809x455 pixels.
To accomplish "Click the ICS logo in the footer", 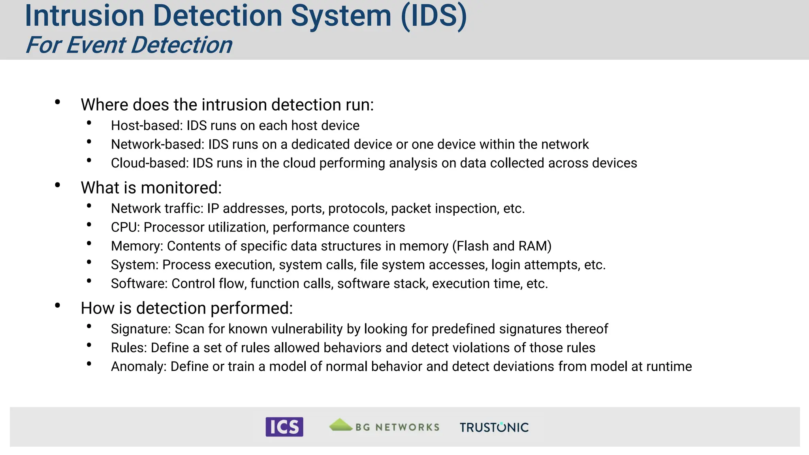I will coord(284,427).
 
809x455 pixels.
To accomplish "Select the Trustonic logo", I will coord(494,427).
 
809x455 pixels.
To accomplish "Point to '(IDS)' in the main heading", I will coord(434,16).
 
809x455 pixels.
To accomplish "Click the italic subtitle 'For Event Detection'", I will coord(129,45).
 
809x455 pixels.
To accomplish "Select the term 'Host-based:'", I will coord(147,126).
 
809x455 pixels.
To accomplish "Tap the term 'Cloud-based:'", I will coord(150,163).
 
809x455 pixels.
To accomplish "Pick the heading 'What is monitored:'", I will coord(151,188).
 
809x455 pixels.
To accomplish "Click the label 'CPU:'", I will coord(125,227).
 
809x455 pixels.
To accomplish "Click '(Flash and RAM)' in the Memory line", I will coord(502,246).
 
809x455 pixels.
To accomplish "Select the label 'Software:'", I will coord(139,284).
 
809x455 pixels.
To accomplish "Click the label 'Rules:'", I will coord(129,348).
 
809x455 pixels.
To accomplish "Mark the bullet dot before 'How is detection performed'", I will coord(58,305).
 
